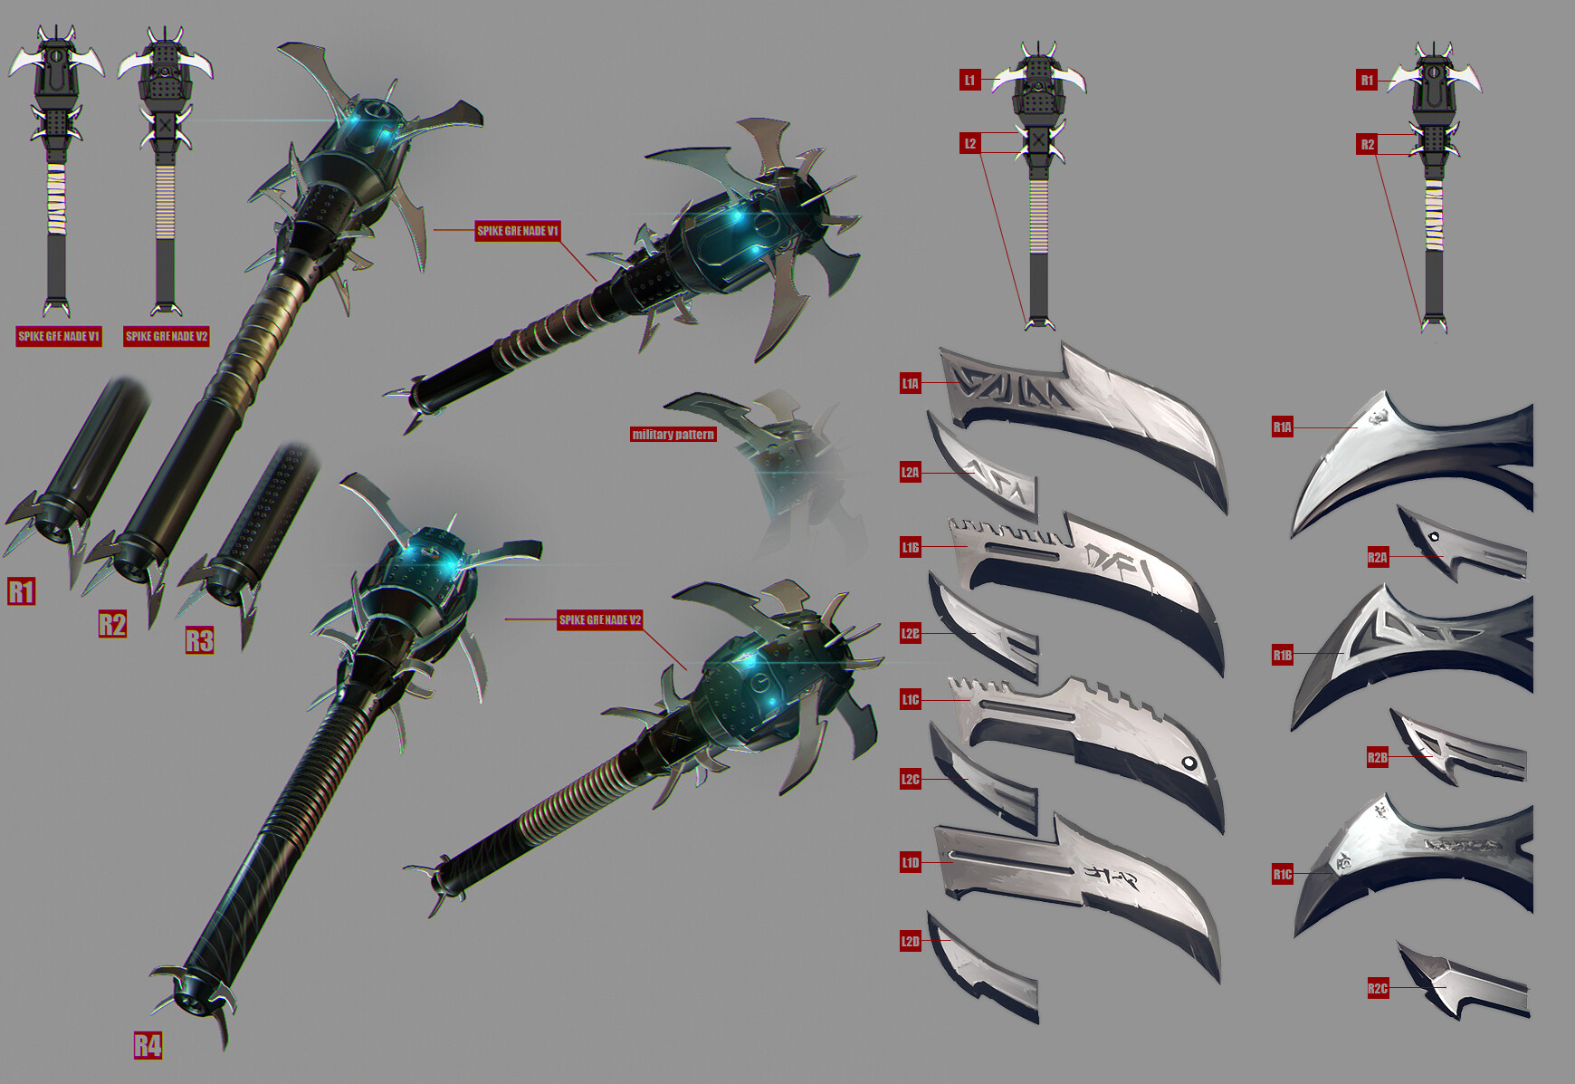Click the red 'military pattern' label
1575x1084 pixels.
(x=673, y=435)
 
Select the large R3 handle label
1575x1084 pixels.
(x=199, y=641)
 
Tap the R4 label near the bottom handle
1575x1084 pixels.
(x=148, y=1045)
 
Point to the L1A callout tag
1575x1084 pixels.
(x=910, y=384)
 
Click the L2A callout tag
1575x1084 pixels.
(x=910, y=472)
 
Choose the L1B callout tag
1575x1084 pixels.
(x=910, y=547)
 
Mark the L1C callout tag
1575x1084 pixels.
(x=910, y=699)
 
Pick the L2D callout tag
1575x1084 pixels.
(x=910, y=941)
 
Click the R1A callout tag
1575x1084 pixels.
(x=1282, y=427)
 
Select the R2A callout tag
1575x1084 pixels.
(x=1377, y=558)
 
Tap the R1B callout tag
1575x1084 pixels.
(x=1282, y=655)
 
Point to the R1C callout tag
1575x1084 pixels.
(x=1282, y=875)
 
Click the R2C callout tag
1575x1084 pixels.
(x=1377, y=988)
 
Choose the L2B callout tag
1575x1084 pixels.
(x=910, y=634)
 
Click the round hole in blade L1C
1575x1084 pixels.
(x=1189, y=763)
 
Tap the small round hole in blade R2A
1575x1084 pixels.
(x=1434, y=537)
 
